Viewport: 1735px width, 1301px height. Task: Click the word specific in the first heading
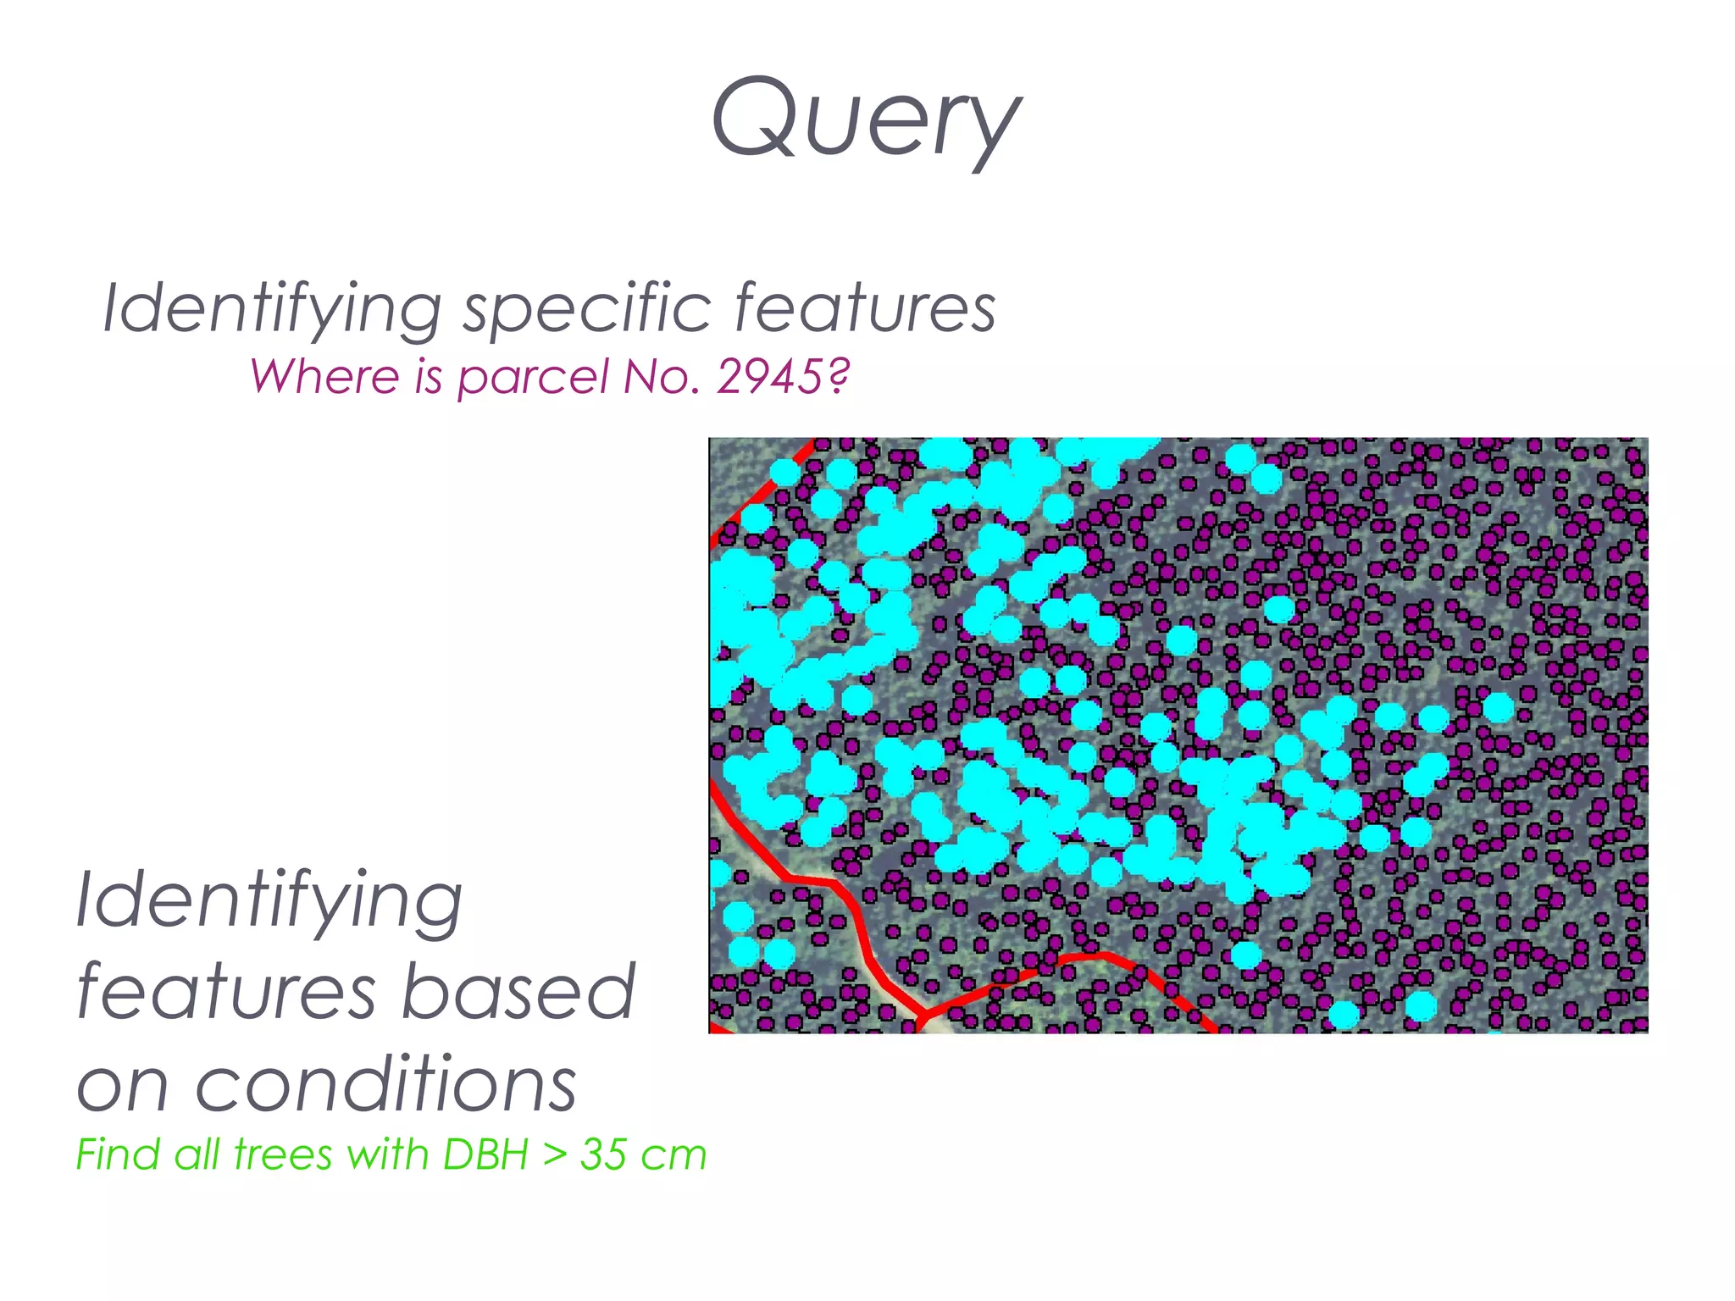point(586,309)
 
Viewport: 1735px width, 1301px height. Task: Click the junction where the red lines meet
point(924,1013)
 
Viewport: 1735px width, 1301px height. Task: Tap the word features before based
point(226,993)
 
